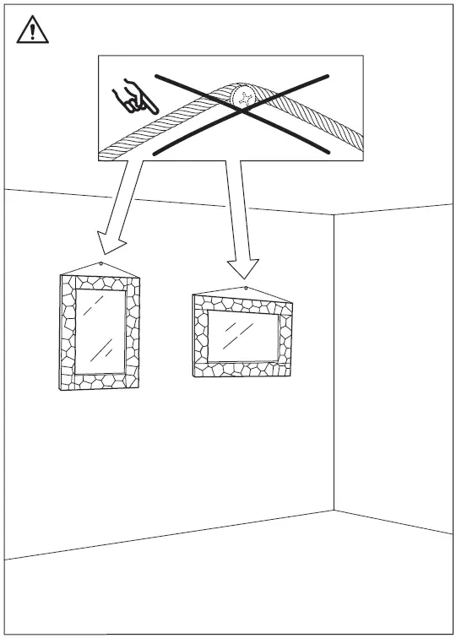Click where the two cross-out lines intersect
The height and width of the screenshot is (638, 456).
(242, 112)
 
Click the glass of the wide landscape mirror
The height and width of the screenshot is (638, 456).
(243, 338)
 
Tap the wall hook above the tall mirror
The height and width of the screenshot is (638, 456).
(101, 264)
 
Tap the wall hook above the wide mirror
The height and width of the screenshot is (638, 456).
(246, 289)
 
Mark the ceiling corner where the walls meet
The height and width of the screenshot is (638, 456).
(334, 215)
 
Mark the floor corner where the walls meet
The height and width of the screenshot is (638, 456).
(334, 510)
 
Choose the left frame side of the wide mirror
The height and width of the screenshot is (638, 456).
(201, 338)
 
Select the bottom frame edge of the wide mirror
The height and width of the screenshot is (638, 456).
(243, 370)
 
